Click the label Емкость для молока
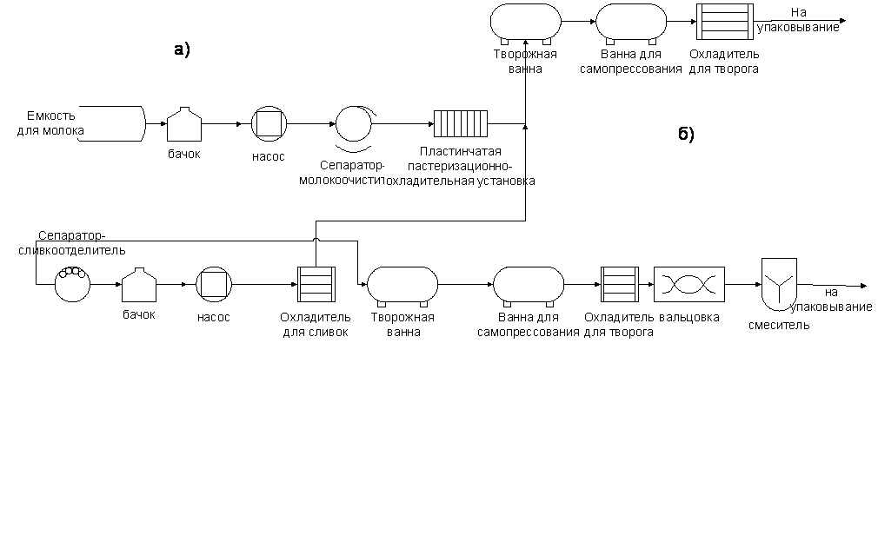point(50,123)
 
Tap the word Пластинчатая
point(460,152)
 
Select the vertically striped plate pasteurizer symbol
point(461,122)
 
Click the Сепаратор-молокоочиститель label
point(341,173)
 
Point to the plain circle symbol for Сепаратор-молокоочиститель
point(353,123)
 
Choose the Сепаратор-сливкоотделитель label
point(72,242)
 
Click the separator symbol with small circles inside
point(71,283)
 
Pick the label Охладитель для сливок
point(315,323)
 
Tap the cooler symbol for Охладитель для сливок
point(316,284)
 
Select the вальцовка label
point(689,317)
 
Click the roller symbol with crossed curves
point(688,284)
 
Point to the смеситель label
point(779,326)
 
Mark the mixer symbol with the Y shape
point(778,282)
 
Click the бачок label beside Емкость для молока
point(183,154)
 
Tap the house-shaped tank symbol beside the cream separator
point(138,285)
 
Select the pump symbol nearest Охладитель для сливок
point(214,284)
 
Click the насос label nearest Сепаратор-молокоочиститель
point(268,158)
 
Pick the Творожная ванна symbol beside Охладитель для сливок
point(402,284)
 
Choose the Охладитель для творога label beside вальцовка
point(619,323)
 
